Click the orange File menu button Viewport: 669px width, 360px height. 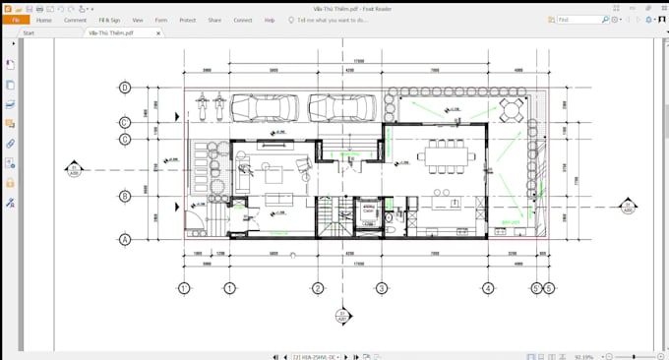tap(15, 20)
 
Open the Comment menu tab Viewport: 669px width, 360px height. tap(75, 20)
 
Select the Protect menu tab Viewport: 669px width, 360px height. tap(187, 20)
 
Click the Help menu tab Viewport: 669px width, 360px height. tap(270, 20)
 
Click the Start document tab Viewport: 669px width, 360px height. tap(29, 32)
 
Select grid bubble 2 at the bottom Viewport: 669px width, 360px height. tap(318, 288)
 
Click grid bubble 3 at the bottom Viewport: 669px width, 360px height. tap(381, 288)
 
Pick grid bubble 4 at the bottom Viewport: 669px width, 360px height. tap(488, 288)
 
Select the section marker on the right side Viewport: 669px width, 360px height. tap(627, 207)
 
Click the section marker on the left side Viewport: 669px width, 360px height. tap(74, 170)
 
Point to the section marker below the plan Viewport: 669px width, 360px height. tap(341, 317)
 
